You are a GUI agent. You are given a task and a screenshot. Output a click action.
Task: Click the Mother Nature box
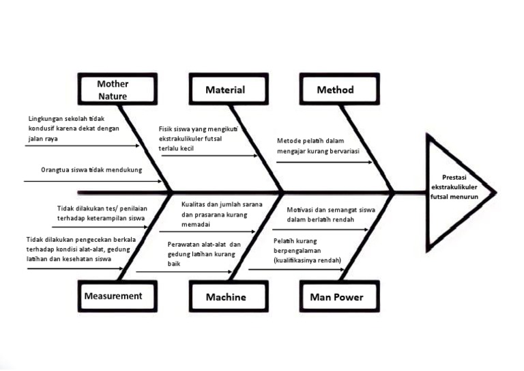pyautogui.click(x=113, y=90)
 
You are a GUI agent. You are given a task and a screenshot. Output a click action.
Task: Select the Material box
pyautogui.click(x=225, y=90)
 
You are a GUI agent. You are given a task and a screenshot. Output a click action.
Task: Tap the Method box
pyautogui.click(x=335, y=90)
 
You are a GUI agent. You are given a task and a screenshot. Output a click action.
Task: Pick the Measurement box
pyautogui.click(x=113, y=296)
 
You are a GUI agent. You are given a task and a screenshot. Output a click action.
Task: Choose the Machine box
pyautogui.click(x=226, y=297)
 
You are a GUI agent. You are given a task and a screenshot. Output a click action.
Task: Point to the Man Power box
pyautogui.click(x=336, y=297)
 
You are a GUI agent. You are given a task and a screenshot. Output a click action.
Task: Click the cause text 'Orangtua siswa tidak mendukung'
pyautogui.click(x=91, y=169)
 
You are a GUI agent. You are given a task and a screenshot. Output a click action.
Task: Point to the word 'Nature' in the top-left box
pyautogui.click(x=113, y=96)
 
